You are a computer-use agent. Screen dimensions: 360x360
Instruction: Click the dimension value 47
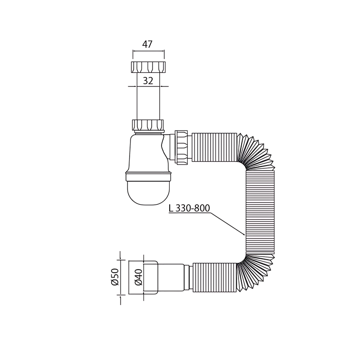(x=148, y=44)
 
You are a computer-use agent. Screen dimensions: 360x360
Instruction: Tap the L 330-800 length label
(x=189, y=208)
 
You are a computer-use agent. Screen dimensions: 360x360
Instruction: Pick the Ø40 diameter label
(x=139, y=277)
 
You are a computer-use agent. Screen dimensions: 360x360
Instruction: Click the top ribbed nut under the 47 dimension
(x=148, y=67)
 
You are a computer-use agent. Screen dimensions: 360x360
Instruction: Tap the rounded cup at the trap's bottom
(x=148, y=191)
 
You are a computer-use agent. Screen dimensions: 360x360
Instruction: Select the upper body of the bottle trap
(x=146, y=153)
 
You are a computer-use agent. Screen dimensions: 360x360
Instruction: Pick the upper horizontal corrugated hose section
(x=214, y=147)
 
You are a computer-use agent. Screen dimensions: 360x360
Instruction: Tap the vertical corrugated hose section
(x=260, y=211)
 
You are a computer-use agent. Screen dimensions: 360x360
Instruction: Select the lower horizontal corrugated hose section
(x=214, y=277)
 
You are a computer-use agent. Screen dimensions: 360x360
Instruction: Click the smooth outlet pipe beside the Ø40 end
(x=171, y=277)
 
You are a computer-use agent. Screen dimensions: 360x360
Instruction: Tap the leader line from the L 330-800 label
(x=227, y=223)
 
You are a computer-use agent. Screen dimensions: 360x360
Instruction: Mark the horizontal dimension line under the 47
(x=148, y=51)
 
